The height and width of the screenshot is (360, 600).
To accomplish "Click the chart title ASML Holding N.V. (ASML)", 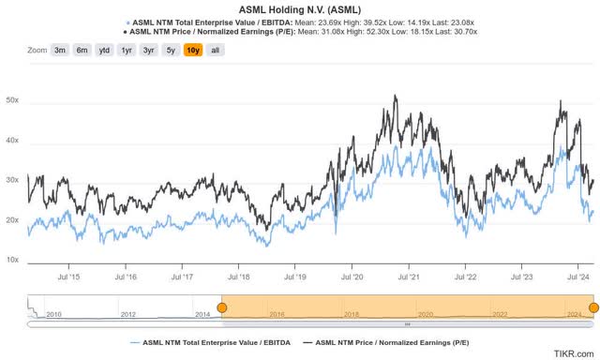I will [x=299, y=8].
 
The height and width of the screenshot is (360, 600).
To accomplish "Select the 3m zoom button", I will [x=61, y=50].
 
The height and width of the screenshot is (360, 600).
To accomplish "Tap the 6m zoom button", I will [x=83, y=50].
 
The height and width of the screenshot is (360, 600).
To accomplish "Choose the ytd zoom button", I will [x=106, y=50].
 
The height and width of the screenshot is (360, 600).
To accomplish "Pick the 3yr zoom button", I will [x=148, y=50].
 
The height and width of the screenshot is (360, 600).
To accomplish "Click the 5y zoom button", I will [x=170, y=50].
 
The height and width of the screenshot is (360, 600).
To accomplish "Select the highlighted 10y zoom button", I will [x=192, y=50].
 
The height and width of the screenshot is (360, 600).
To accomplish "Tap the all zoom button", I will [x=215, y=50].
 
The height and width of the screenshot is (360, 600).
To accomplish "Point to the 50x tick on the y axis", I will [x=13, y=100].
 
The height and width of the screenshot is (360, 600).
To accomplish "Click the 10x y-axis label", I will [x=13, y=260].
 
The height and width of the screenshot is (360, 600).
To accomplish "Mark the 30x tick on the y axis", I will [x=13, y=180].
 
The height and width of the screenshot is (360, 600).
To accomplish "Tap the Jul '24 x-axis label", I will [x=579, y=277].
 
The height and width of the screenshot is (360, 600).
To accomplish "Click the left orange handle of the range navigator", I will [x=222, y=307].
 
